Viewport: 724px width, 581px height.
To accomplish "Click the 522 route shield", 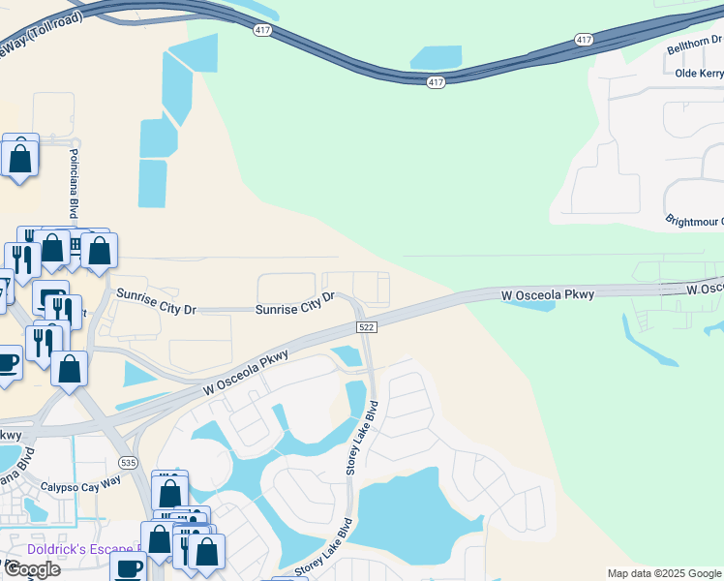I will click(366, 327).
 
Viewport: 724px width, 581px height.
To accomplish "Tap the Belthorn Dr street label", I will click(695, 44).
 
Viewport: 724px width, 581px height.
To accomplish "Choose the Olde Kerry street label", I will click(699, 73).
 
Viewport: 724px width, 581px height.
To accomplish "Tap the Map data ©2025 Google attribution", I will click(664, 573).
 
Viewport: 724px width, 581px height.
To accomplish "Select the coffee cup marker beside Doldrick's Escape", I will click(127, 568).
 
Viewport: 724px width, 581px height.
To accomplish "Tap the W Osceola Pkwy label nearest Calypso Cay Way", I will click(247, 373).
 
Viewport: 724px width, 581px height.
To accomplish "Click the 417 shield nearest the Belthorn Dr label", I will click(583, 40).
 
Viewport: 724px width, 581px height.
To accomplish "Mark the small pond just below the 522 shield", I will click(347, 356).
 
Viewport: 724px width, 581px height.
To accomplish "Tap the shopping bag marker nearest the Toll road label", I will click(20, 156).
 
